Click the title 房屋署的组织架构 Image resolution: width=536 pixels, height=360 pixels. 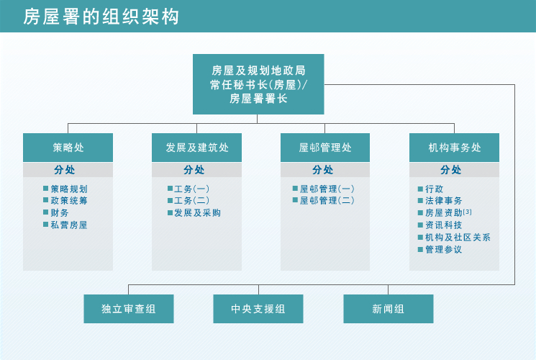click(x=101, y=17)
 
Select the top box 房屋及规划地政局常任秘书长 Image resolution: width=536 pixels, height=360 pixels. click(x=258, y=84)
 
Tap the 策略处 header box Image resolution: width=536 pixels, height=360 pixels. click(x=68, y=148)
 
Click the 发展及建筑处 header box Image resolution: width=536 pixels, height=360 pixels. click(x=196, y=148)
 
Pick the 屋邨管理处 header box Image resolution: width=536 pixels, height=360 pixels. click(x=325, y=148)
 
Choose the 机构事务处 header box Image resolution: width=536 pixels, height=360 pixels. click(x=454, y=148)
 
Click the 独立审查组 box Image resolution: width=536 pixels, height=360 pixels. click(x=129, y=309)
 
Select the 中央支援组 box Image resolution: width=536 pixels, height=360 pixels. click(x=258, y=309)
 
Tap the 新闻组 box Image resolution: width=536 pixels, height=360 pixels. click(x=388, y=309)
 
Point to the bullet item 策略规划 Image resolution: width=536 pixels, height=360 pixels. click(x=69, y=189)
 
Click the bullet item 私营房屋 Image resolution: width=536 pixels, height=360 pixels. click(x=69, y=225)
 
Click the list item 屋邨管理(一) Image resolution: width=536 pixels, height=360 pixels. click(x=327, y=189)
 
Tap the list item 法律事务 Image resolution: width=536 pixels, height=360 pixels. click(x=443, y=201)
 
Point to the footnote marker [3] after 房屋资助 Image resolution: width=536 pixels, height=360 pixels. click(x=468, y=212)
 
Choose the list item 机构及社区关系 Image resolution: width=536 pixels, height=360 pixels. click(x=458, y=237)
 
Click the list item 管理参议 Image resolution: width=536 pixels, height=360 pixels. click(x=443, y=249)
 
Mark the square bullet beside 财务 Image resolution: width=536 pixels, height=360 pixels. click(x=45, y=213)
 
